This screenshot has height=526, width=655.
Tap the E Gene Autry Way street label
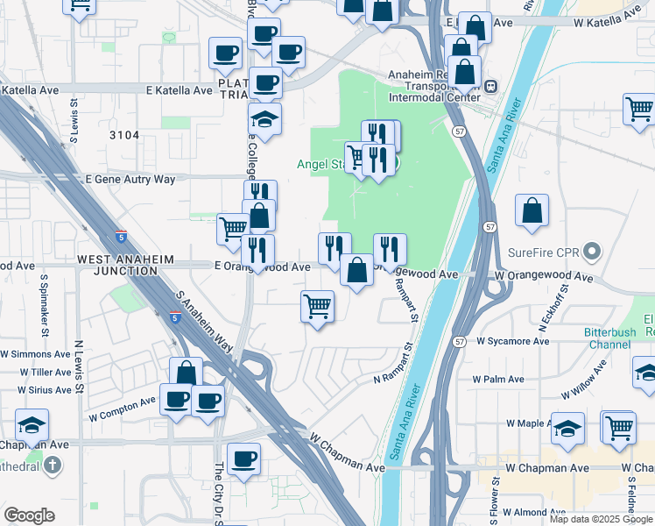(130, 179)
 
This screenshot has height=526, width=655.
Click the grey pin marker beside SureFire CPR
(592, 252)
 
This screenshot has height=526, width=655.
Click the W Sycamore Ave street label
(512, 340)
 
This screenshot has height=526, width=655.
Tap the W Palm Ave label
(498, 380)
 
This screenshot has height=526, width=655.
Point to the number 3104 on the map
(124, 134)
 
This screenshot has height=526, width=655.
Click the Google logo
(29, 515)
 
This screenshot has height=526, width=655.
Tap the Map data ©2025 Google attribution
(602, 519)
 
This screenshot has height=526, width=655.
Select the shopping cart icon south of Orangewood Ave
(317, 308)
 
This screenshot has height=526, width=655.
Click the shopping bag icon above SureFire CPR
(532, 211)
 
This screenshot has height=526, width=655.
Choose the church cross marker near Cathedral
(53, 465)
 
